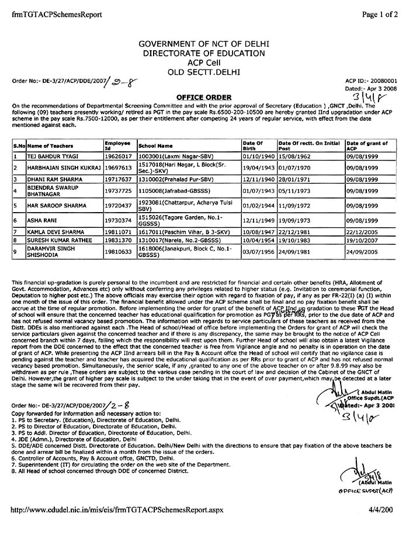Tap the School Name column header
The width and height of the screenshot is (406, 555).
[155, 145]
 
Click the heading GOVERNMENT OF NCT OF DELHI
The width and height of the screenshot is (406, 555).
[203, 44]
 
